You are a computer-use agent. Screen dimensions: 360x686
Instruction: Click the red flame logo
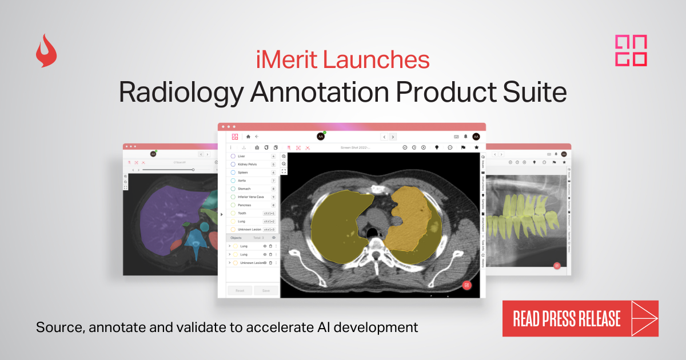(46, 51)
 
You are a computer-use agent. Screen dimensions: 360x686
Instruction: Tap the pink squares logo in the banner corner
(631, 51)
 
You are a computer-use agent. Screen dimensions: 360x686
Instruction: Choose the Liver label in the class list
(241, 156)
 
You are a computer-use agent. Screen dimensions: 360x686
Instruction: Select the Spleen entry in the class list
(242, 172)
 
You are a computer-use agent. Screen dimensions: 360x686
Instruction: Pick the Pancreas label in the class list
(245, 205)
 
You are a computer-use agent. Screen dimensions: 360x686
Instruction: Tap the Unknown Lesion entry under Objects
(252, 263)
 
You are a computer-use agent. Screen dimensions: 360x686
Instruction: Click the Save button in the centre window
(266, 290)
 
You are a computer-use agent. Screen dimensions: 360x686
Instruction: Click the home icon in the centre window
(248, 137)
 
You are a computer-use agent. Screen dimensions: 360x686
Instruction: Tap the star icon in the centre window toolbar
(476, 147)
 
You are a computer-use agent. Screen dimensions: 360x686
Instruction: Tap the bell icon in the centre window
(465, 137)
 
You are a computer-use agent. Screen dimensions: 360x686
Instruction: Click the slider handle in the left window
(193, 170)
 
